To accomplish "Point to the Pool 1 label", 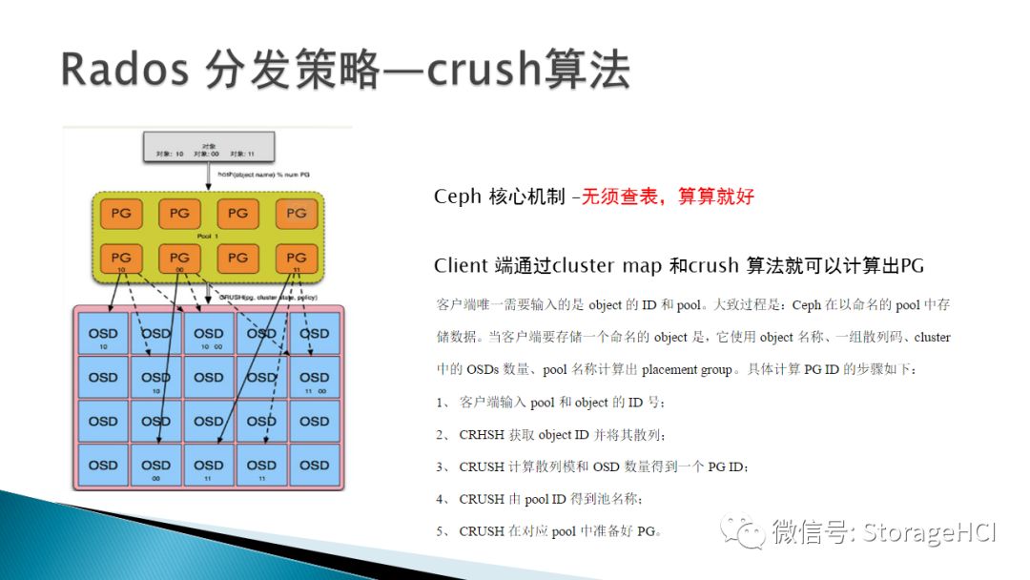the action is click(x=208, y=235).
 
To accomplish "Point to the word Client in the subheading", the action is click(x=461, y=265).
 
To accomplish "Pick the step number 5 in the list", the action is click(x=443, y=530).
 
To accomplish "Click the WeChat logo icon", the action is click(x=742, y=530).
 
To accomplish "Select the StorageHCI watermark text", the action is click(x=929, y=531).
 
